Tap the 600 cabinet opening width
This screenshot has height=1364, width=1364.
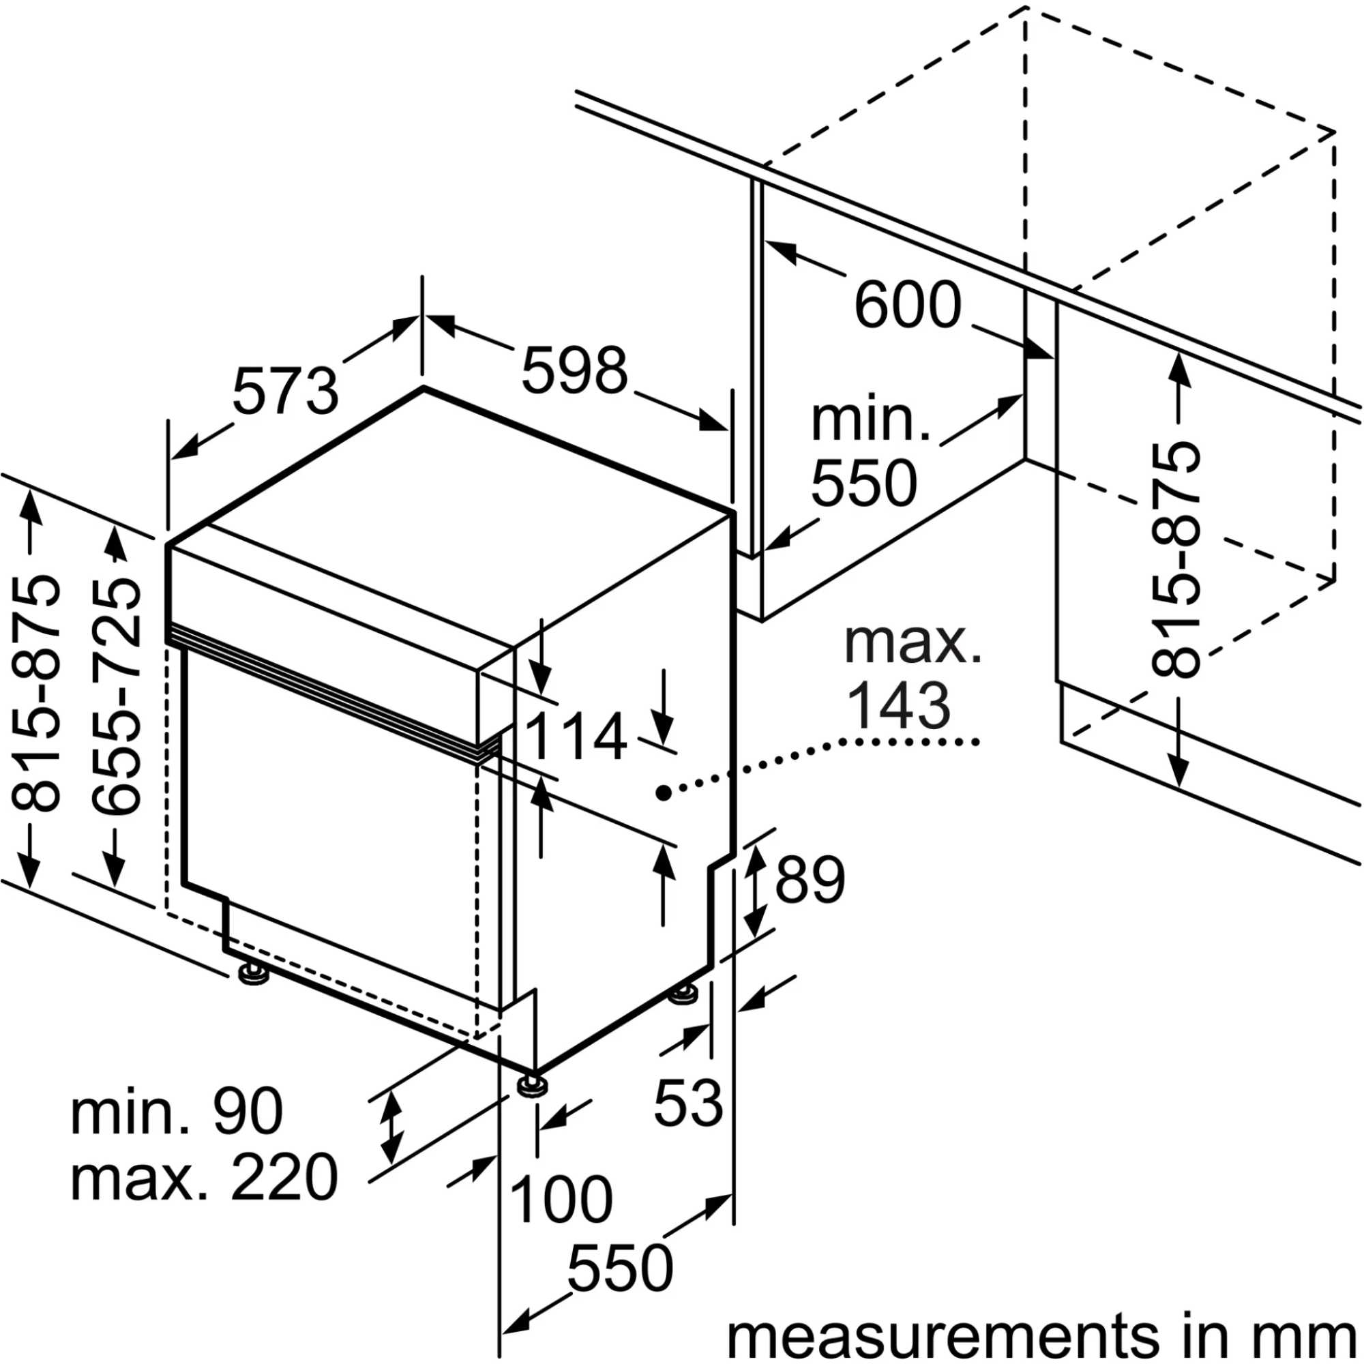[x=908, y=305]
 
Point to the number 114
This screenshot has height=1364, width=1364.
[x=576, y=737]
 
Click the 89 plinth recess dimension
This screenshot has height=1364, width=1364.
[x=810, y=880]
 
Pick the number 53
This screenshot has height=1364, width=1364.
[x=688, y=1102]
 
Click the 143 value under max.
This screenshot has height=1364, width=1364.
[x=898, y=705]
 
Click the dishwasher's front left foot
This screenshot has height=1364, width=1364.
[x=254, y=975]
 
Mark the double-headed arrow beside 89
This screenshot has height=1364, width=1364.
[x=756, y=889]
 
